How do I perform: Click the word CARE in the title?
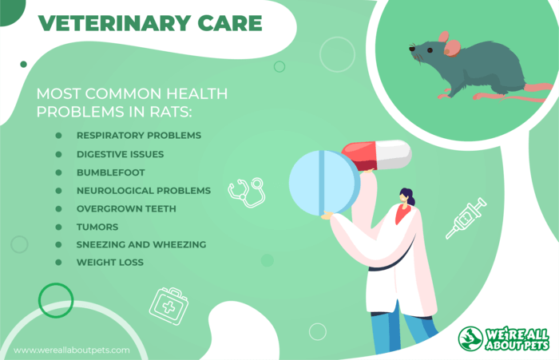click(x=230, y=23)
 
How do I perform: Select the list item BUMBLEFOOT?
click(x=111, y=172)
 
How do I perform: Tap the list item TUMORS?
click(x=97, y=227)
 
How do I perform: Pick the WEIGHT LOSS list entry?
click(x=110, y=263)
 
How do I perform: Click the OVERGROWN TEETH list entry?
click(x=126, y=208)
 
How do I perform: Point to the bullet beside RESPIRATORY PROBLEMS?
click(x=58, y=136)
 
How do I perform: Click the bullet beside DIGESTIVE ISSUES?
click(x=58, y=154)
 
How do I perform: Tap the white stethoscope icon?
click(x=247, y=192)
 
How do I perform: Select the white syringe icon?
click(x=466, y=218)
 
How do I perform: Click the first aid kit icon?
click(x=169, y=307)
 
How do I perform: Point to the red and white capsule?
click(x=377, y=155)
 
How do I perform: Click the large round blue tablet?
click(x=324, y=183)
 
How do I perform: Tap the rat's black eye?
click(x=430, y=50)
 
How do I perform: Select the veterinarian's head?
click(x=407, y=197)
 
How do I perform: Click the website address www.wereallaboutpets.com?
click(x=72, y=350)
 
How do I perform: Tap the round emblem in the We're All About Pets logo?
click(x=470, y=338)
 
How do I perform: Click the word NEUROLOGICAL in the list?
click(x=115, y=191)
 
